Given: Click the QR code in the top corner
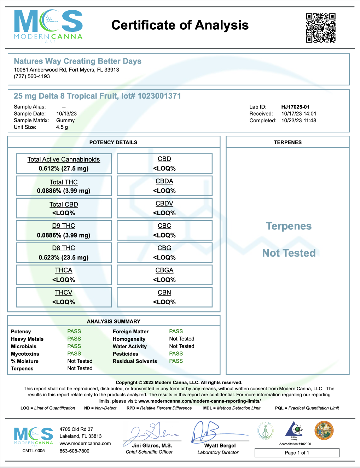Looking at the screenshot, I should coord(320,28).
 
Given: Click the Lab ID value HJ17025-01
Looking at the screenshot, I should coord(295,107).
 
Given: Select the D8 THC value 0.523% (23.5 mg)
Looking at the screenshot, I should coord(64,257).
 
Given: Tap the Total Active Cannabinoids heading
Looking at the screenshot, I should coord(64,159).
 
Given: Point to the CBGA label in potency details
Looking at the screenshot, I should coord(164,270).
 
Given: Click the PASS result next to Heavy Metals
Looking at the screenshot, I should coord(74,339).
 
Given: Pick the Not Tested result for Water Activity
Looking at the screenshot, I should coord(182,346).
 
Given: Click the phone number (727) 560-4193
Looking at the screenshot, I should coord(32,76).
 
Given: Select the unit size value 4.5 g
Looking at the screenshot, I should coord(62,127).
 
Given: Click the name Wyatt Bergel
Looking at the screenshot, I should coord(220,445).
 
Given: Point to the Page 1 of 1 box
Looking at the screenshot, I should coord(297,453).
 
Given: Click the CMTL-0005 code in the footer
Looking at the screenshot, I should coord(34,451).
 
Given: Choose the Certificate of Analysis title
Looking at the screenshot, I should coord(180,25).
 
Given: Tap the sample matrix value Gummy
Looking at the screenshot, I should coord(65,120).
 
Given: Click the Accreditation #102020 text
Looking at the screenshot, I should coord(295,444).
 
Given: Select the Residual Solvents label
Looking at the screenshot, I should coord(135,361).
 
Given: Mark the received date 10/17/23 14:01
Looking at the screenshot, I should coord(299,113).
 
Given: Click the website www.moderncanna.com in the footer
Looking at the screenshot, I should coord(85,443).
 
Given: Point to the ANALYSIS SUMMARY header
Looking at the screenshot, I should coord(114,321).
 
